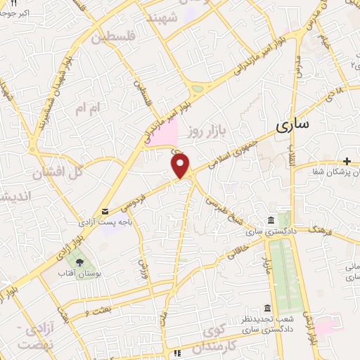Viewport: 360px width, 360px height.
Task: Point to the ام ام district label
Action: point(89,108)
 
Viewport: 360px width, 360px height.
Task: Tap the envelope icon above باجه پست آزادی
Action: point(105,212)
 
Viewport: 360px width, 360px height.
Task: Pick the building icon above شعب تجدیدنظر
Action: point(266,308)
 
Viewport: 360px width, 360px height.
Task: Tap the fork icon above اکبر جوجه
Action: point(13,4)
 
